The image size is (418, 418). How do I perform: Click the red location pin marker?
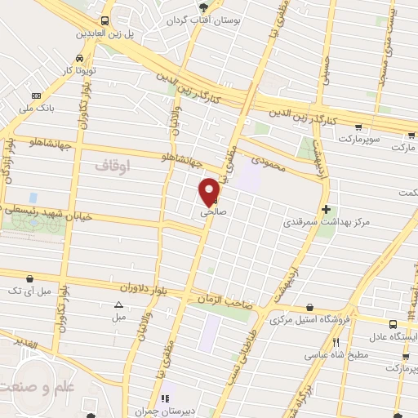(x=210, y=191)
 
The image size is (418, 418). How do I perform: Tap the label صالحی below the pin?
(x=211, y=211)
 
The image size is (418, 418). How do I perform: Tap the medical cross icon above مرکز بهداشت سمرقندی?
(x=327, y=208)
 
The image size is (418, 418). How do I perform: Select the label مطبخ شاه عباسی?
(x=337, y=356)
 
